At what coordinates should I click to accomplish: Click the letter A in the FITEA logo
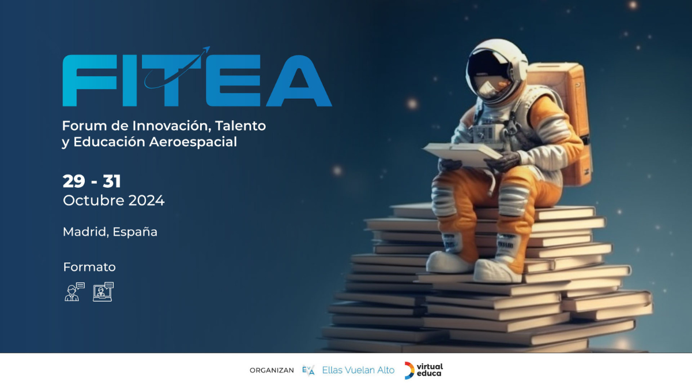(299, 81)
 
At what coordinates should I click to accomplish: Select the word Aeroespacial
(193, 142)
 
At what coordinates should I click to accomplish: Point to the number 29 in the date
(74, 181)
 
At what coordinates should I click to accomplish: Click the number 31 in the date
(112, 181)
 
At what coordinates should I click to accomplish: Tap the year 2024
(146, 200)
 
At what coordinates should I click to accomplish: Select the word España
(135, 232)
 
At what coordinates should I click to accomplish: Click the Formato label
(89, 267)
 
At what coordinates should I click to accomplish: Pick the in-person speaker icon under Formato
(75, 292)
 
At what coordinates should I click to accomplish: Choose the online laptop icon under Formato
(103, 292)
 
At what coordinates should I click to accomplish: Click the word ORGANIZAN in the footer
(272, 370)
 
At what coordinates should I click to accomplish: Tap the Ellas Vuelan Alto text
(358, 370)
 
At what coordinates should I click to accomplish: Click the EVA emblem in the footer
(309, 370)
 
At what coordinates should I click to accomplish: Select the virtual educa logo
(424, 370)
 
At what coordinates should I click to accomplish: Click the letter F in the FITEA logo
(89, 81)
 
